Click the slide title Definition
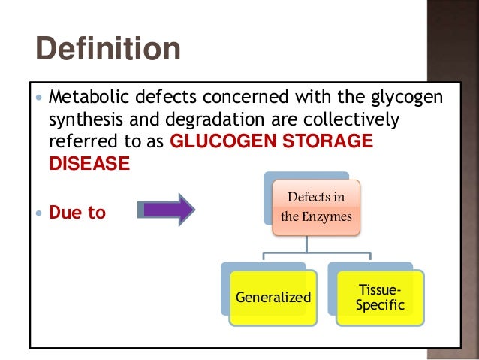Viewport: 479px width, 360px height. pyautogui.click(x=108, y=50)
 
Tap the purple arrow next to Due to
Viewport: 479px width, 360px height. pyautogui.click(x=166, y=209)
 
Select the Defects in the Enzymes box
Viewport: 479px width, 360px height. pyautogui.click(x=316, y=208)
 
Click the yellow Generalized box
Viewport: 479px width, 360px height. pyautogui.click(x=273, y=298)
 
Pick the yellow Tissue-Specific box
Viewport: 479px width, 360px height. pyautogui.click(x=380, y=298)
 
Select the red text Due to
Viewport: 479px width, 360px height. pyautogui.click(x=77, y=213)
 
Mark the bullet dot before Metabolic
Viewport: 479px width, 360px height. pyautogui.click(x=40, y=98)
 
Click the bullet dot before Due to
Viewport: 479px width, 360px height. pyautogui.click(x=40, y=213)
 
